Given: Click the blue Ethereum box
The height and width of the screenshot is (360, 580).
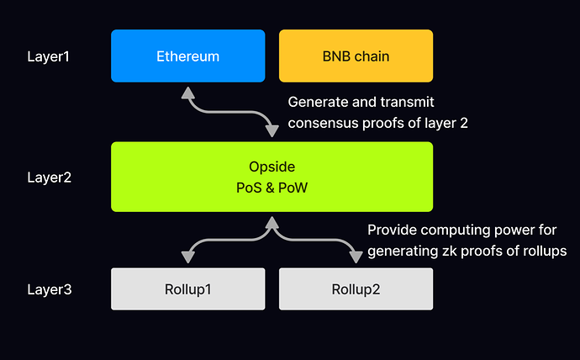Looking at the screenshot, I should point(188,56).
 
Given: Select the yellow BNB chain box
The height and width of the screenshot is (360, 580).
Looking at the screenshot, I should point(356,56).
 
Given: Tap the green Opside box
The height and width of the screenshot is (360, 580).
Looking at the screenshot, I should point(272,177).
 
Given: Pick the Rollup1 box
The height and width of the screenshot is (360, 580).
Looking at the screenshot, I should point(188,289).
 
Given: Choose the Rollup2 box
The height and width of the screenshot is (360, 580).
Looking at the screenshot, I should point(356,289).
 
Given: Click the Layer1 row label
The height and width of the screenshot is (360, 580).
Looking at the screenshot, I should point(48,57).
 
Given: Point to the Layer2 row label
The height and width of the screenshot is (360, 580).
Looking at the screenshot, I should point(48,177).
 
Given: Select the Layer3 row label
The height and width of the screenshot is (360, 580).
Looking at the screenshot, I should point(48,290).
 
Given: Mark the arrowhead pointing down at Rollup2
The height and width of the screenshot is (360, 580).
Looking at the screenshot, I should point(356,257).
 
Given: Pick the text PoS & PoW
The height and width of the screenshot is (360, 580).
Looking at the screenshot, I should point(272,188).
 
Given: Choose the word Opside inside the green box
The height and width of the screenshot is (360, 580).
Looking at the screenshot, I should point(272,167).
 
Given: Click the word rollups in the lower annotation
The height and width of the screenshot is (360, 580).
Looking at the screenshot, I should point(545,251).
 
